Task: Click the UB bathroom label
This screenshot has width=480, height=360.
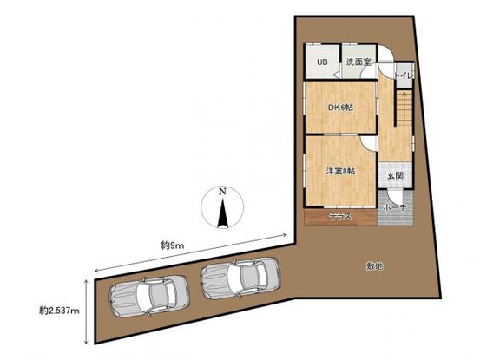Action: (322, 62)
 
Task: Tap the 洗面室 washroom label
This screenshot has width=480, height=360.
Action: (358, 62)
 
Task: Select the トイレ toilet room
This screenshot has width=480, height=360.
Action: (404, 75)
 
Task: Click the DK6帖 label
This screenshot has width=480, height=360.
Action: (341, 108)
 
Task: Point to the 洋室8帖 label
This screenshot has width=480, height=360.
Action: (340, 171)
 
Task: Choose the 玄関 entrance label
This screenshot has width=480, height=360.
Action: (395, 176)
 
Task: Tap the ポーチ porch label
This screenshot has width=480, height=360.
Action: (395, 208)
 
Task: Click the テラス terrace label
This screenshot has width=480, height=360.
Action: (340, 217)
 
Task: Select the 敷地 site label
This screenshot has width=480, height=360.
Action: (375, 266)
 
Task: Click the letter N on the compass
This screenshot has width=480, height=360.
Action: (222, 192)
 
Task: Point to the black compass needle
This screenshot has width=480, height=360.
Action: (223, 213)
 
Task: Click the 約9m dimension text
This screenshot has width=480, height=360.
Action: (173, 245)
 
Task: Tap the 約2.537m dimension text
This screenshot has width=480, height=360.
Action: (59, 311)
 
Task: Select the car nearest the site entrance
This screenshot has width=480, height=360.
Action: (149, 296)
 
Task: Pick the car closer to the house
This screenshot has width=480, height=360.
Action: (240, 278)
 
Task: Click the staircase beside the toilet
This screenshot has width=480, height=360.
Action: (404, 108)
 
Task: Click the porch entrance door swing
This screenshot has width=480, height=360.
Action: (392, 196)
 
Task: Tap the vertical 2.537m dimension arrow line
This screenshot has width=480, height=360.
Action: (87, 311)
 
